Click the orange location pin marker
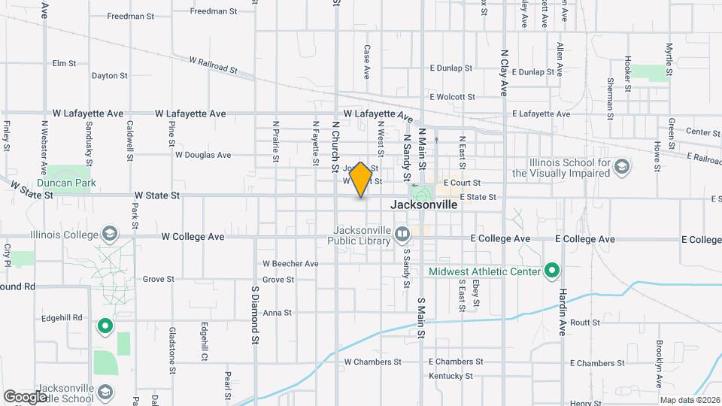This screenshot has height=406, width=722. [x=361, y=180]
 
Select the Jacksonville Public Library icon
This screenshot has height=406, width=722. [x=402, y=235]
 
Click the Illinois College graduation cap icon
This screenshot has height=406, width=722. [x=111, y=235]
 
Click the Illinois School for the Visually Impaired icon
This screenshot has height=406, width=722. [x=621, y=165]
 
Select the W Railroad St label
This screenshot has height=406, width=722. [x=213, y=65]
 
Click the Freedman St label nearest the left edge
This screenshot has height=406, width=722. [x=130, y=16]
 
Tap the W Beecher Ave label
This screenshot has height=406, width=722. [x=290, y=264]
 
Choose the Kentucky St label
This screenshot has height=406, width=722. [x=450, y=376]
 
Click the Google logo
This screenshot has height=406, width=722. [x=25, y=396]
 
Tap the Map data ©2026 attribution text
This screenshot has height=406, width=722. [x=690, y=400]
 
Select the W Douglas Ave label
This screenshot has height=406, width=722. [x=203, y=155]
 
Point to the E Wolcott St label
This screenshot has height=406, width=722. [x=452, y=97]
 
